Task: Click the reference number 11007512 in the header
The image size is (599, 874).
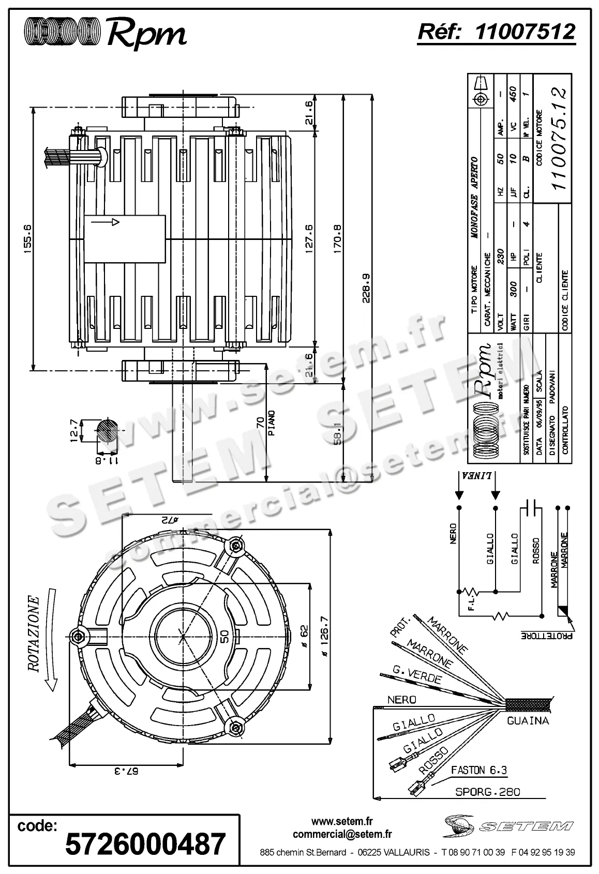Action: tap(525, 33)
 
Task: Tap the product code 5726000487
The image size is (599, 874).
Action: tap(145, 843)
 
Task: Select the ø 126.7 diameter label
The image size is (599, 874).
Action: tap(324, 636)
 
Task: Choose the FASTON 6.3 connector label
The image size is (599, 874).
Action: tap(479, 770)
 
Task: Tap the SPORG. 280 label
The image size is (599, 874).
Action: tap(487, 792)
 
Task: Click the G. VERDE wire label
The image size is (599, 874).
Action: tap(417, 675)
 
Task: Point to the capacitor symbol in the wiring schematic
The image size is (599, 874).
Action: tap(531, 508)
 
